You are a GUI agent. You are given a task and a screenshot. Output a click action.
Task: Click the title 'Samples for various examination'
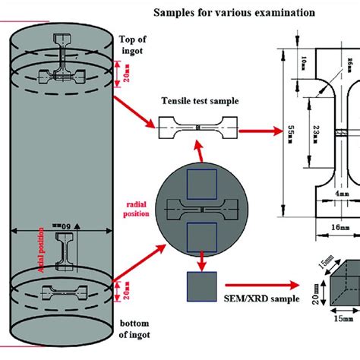[236, 13]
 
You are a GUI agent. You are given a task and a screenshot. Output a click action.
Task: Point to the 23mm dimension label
[312, 135]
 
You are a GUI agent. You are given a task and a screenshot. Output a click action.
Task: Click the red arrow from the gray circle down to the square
[201, 263]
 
